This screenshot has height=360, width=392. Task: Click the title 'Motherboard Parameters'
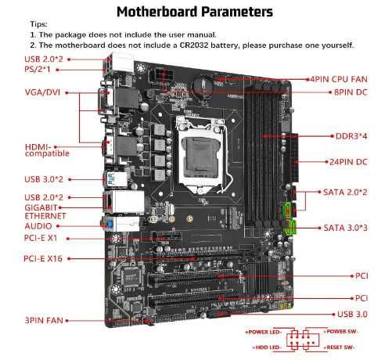195,13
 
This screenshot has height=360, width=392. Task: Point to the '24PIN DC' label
348,162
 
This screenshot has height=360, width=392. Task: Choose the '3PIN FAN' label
45,320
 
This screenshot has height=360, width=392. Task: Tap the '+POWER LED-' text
268,333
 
